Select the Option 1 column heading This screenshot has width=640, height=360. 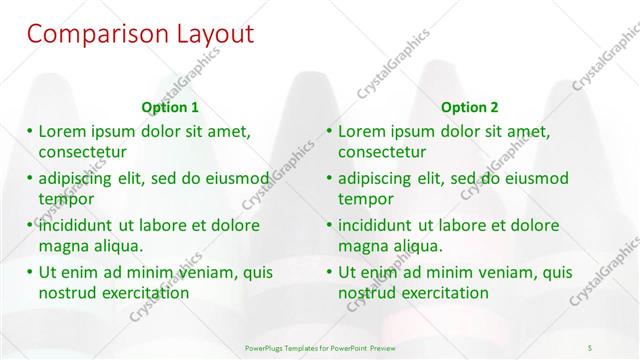tap(170, 107)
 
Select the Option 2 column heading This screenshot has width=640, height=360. tap(469, 107)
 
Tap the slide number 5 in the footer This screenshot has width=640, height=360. tap(591, 347)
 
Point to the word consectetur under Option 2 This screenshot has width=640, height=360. tap(382, 152)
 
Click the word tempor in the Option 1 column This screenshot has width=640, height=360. tap(65, 199)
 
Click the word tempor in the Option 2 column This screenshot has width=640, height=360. tap(365, 199)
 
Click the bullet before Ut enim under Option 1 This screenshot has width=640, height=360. tap(30, 272)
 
